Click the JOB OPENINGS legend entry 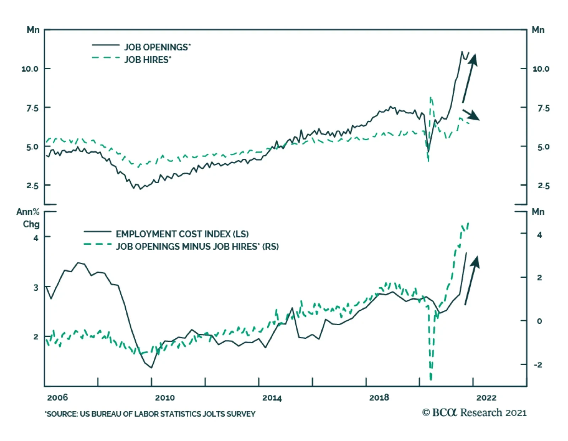click(x=157, y=47)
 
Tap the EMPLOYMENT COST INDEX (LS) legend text click(x=182, y=234)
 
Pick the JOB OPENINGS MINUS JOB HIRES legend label click(x=197, y=246)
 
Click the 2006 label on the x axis click(x=57, y=397)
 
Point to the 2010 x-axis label click(x=165, y=397)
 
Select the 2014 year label click(x=272, y=398)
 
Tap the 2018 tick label click(x=379, y=397)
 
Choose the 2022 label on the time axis click(x=486, y=397)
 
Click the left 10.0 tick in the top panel click(x=30, y=69)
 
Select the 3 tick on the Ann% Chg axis click(x=35, y=287)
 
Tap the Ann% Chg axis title click(x=28, y=218)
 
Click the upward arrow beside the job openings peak click(x=470, y=78)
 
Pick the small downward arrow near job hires click(x=471, y=115)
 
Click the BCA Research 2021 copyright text click(x=474, y=413)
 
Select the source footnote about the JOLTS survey click(x=150, y=414)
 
